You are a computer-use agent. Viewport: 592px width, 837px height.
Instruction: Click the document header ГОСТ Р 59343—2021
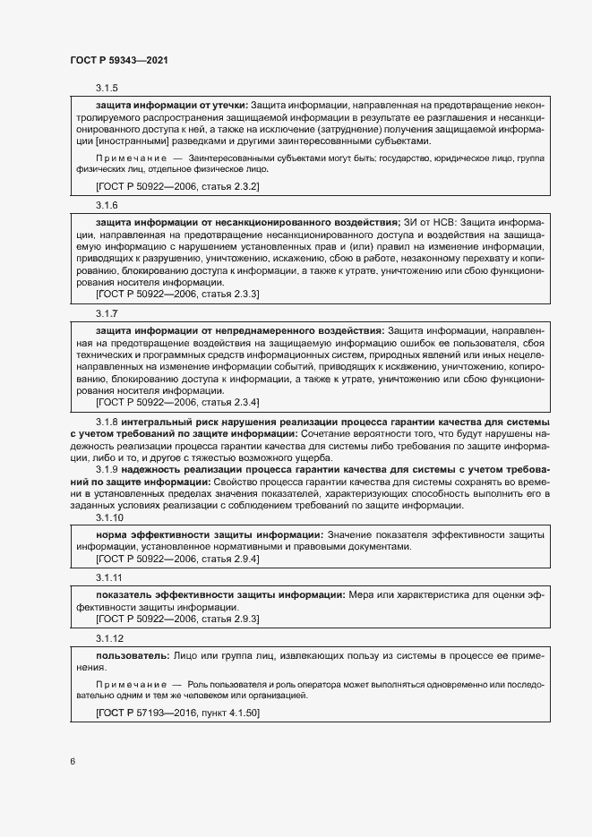(118, 60)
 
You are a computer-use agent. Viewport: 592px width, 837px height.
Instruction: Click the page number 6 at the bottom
(73, 761)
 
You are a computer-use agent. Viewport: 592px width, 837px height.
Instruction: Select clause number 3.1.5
(107, 89)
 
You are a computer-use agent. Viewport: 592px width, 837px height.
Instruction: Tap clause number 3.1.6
(107, 205)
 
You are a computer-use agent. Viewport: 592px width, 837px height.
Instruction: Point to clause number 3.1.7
(107, 314)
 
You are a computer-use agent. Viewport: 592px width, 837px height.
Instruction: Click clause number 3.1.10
(110, 518)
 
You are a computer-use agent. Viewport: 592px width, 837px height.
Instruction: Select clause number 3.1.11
(110, 578)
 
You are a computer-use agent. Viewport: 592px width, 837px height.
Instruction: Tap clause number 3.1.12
(110, 638)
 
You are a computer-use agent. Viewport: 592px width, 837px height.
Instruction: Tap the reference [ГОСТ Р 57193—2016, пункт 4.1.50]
(177, 713)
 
